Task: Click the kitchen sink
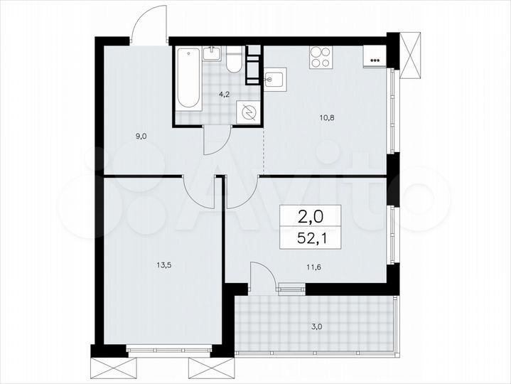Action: pos(274,78)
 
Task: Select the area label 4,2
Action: pos(224,92)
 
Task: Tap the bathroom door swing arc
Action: pos(217,142)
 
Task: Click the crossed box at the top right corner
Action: pos(410,55)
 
